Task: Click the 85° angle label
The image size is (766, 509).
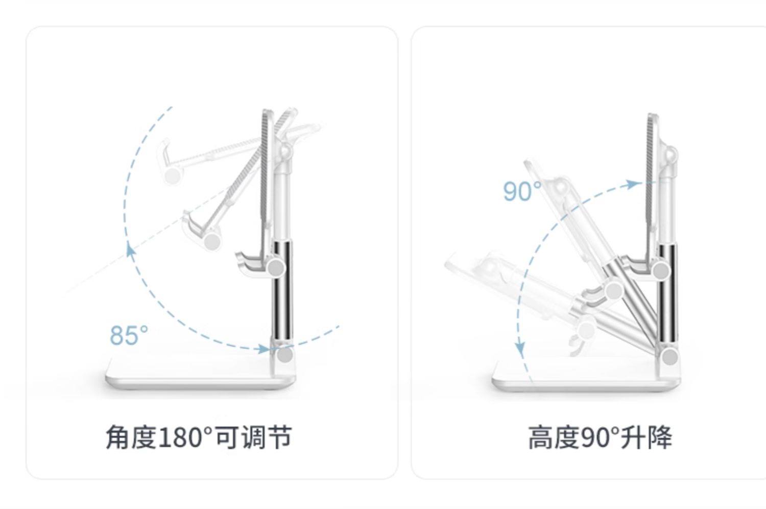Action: coord(129,335)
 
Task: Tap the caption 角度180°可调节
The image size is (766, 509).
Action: coord(199,438)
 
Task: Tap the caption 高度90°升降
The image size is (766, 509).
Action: coord(600,438)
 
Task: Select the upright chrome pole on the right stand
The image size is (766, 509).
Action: coord(667,296)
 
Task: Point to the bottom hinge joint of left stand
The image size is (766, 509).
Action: coord(284,354)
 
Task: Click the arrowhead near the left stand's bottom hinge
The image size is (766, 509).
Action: coord(264,349)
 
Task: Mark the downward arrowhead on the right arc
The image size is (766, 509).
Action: coord(520,349)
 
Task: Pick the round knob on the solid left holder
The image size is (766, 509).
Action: coord(276,267)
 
